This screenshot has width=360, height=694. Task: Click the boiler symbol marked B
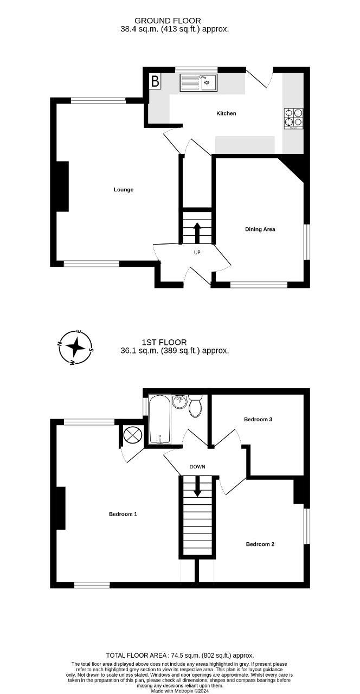click(155, 82)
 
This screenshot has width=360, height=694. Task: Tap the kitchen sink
click(198, 82)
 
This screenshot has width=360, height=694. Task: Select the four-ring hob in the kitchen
click(294, 119)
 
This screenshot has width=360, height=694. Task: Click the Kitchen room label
click(226, 113)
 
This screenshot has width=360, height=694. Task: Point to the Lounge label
click(124, 190)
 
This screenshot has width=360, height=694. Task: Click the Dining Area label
click(260, 229)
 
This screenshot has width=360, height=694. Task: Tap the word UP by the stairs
click(197, 252)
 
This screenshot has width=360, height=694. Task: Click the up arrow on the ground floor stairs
click(197, 232)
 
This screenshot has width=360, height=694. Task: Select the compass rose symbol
click(76, 347)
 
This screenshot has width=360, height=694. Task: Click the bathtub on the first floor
click(159, 419)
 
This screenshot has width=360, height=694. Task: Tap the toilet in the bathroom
click(196, 406)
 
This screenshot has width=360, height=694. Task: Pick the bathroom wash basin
click(179, 402)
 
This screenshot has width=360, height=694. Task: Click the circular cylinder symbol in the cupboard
click(132, 435)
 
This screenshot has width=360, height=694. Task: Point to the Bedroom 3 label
click(258, 419)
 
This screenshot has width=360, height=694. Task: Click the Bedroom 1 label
click(123, 514)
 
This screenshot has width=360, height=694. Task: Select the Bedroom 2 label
click(260, 544)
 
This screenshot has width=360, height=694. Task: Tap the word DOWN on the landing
click(197, 466)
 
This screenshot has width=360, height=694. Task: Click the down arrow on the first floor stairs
click(197, 486)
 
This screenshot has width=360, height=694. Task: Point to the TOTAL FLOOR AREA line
click(179, 656)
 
